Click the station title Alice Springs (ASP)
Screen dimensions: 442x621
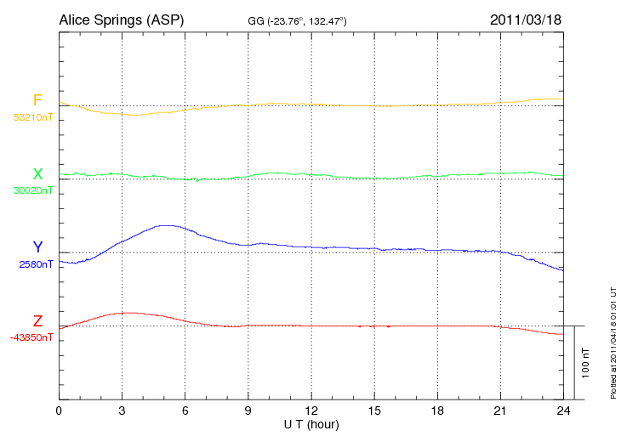tap(121, 19)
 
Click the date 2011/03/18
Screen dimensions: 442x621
tap(526, 19)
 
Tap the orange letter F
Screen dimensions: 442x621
tap(37, 101)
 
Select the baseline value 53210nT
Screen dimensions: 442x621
tap(33, 116)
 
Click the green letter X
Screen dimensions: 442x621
tap(37, 174)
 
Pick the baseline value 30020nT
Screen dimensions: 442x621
tap(33, 190)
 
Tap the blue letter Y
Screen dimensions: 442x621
tap(37, 247)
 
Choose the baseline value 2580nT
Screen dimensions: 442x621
tap(36, 263)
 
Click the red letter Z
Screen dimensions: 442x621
tap(37, 321)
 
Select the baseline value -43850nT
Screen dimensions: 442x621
tap(31, 337)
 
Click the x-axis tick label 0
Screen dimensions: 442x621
tap(59, 411)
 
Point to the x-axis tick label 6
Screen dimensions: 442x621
tap(185, 411)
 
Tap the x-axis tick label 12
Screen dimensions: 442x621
tap(310, 411)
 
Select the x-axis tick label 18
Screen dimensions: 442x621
tap(437, 411)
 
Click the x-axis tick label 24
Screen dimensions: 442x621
tap(563, 411)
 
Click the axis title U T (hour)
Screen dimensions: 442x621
tap(310, 424)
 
